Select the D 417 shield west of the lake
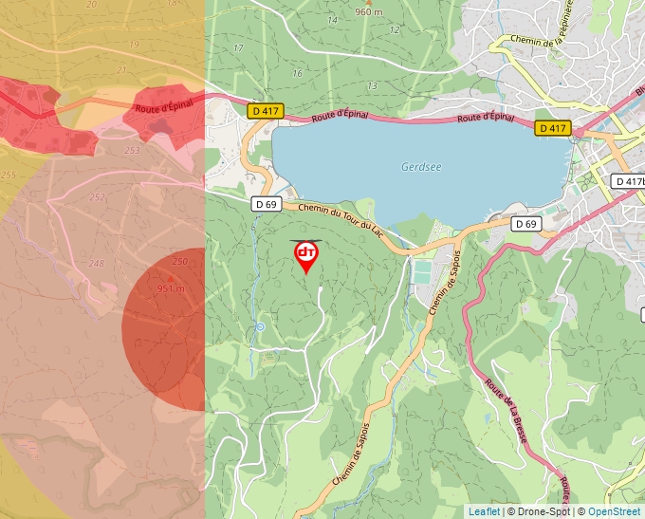[265, 111]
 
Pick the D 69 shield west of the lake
[267, 204]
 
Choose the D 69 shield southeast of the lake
[525, 224]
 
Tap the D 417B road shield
[628, 181]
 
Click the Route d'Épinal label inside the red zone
[163, 107]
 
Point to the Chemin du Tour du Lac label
[341, 220]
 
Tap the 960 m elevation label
[368, 12]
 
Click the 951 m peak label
[171, 288]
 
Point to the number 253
[132, 150]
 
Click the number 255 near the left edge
[8, 175]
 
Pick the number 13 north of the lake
[372, 86]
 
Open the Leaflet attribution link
[484, 511]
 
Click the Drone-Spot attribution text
[541, 511]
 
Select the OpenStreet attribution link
[614, 511]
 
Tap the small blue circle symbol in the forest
[260, 327]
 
